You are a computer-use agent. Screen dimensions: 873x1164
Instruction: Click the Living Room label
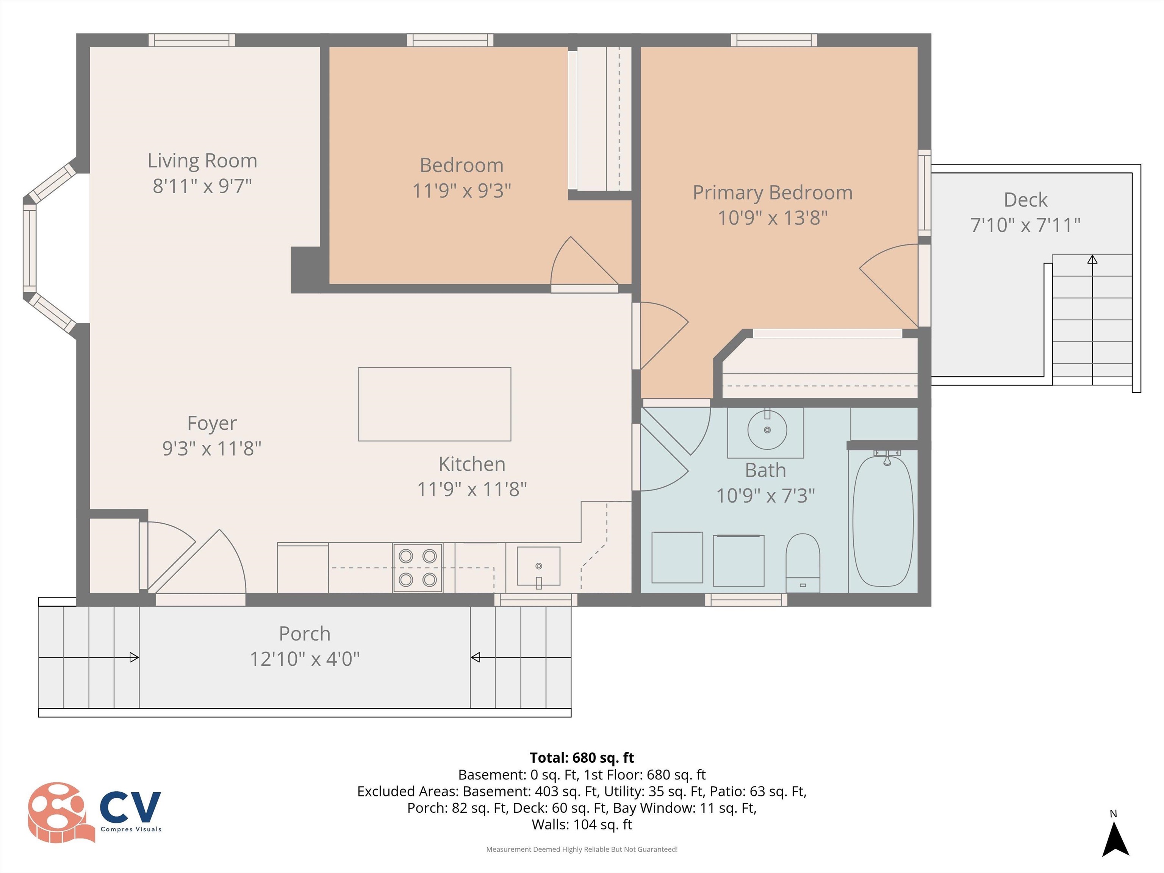pos(202,161)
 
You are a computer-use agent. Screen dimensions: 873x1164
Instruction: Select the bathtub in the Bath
pos(882,521)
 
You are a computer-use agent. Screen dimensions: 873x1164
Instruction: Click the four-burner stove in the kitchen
pos(417,568)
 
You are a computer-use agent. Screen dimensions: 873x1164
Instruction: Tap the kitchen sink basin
pos(538,566)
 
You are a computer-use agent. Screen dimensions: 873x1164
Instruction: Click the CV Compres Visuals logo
pos(95,812)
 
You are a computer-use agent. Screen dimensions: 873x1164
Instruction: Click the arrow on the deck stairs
pos(1092,316)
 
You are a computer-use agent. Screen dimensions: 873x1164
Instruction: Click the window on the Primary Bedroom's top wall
pos(774,40)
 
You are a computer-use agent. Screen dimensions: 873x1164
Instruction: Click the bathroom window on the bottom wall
pos(746,599)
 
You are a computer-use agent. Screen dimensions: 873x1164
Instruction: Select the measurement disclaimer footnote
pos(582,850)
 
